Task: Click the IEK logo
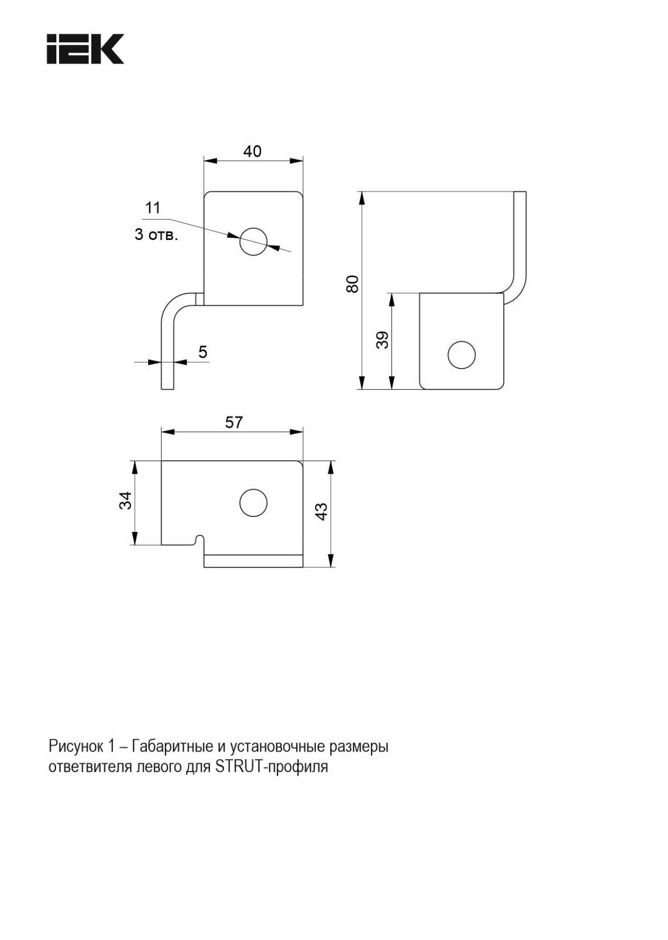click(86, 49)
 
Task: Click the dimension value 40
click(253, 151)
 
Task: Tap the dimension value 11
click(152, 208)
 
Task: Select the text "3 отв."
click(156, 235)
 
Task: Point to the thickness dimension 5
click(203, 352)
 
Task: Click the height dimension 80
click(353, 284)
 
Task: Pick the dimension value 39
click(383, 340)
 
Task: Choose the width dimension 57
click(234, 422)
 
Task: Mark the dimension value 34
click(126, 501)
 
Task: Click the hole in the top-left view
click(253, 242)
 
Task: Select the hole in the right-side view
click(462, 355)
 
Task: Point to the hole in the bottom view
click(254, 503)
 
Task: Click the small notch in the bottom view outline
click(199, 539)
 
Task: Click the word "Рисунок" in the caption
click(76, 746)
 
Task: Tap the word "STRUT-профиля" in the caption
click(271, 767)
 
